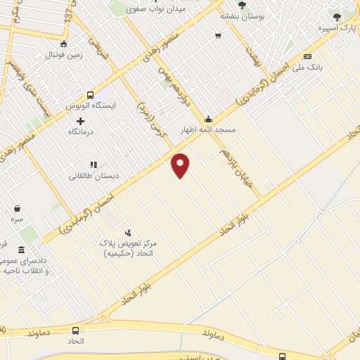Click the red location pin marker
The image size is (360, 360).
181,165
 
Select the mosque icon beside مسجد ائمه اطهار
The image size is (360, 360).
208,119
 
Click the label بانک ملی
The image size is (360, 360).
308,68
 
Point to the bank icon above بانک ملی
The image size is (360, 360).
307,56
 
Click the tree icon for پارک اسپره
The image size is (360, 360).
336,16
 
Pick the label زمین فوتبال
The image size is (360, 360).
65,56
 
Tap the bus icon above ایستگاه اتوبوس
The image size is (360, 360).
90,95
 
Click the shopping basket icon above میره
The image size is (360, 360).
17,208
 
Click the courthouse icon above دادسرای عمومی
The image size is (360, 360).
21,250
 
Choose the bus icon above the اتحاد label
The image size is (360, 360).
75,330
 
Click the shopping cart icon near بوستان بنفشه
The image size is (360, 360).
218,35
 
